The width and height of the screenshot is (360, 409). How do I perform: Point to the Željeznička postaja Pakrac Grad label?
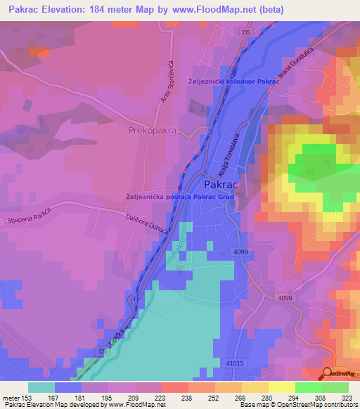[179, 197]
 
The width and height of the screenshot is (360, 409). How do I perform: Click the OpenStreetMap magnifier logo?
[328, 373]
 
